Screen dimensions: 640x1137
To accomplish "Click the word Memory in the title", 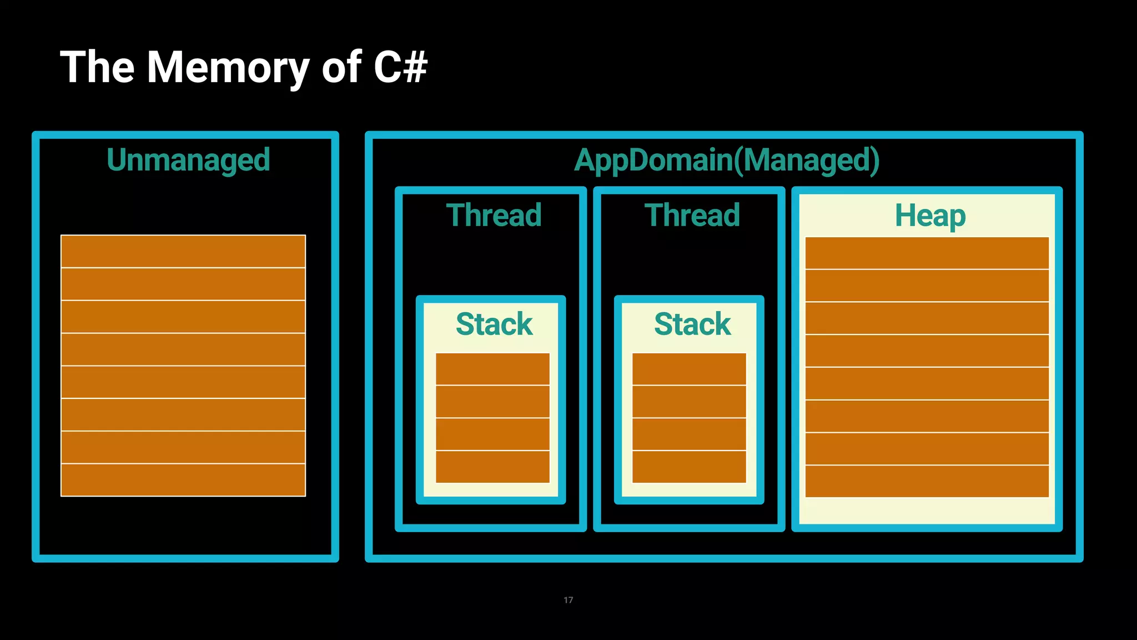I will [x=228, y=68].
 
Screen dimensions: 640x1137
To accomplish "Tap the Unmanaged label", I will [x=188, y=160].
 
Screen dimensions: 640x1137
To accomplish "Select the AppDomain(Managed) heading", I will [x=726, y=160].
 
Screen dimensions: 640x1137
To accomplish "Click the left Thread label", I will [x=494, y=216].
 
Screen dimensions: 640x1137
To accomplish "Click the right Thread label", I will [x=692, y=216].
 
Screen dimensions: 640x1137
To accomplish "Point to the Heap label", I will [x=930, y=216].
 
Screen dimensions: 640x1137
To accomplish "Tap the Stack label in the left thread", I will [x=494, y=324].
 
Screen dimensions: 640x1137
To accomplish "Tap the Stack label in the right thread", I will [x=692, y=324].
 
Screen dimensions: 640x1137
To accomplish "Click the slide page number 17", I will [x=568, y=600].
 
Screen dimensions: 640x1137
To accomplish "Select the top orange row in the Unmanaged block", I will [x=183, y=252].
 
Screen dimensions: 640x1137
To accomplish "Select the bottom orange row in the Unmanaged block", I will [x=183, y=480].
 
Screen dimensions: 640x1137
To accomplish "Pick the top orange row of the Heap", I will [x=927, y=253].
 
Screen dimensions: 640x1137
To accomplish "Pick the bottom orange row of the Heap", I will [x=927, y=481].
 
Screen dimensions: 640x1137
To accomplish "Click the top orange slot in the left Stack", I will [x=492, y=369].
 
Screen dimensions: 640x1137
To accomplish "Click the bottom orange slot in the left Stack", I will [x=492, y=467].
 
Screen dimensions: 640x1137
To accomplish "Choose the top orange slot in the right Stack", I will [x=689, y=369].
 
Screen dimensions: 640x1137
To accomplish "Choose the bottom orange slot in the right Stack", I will [x=689, y=467].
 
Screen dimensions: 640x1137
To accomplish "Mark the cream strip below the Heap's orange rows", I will [x=927, y=511].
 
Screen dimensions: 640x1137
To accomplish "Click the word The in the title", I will [x=97, y=68].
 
